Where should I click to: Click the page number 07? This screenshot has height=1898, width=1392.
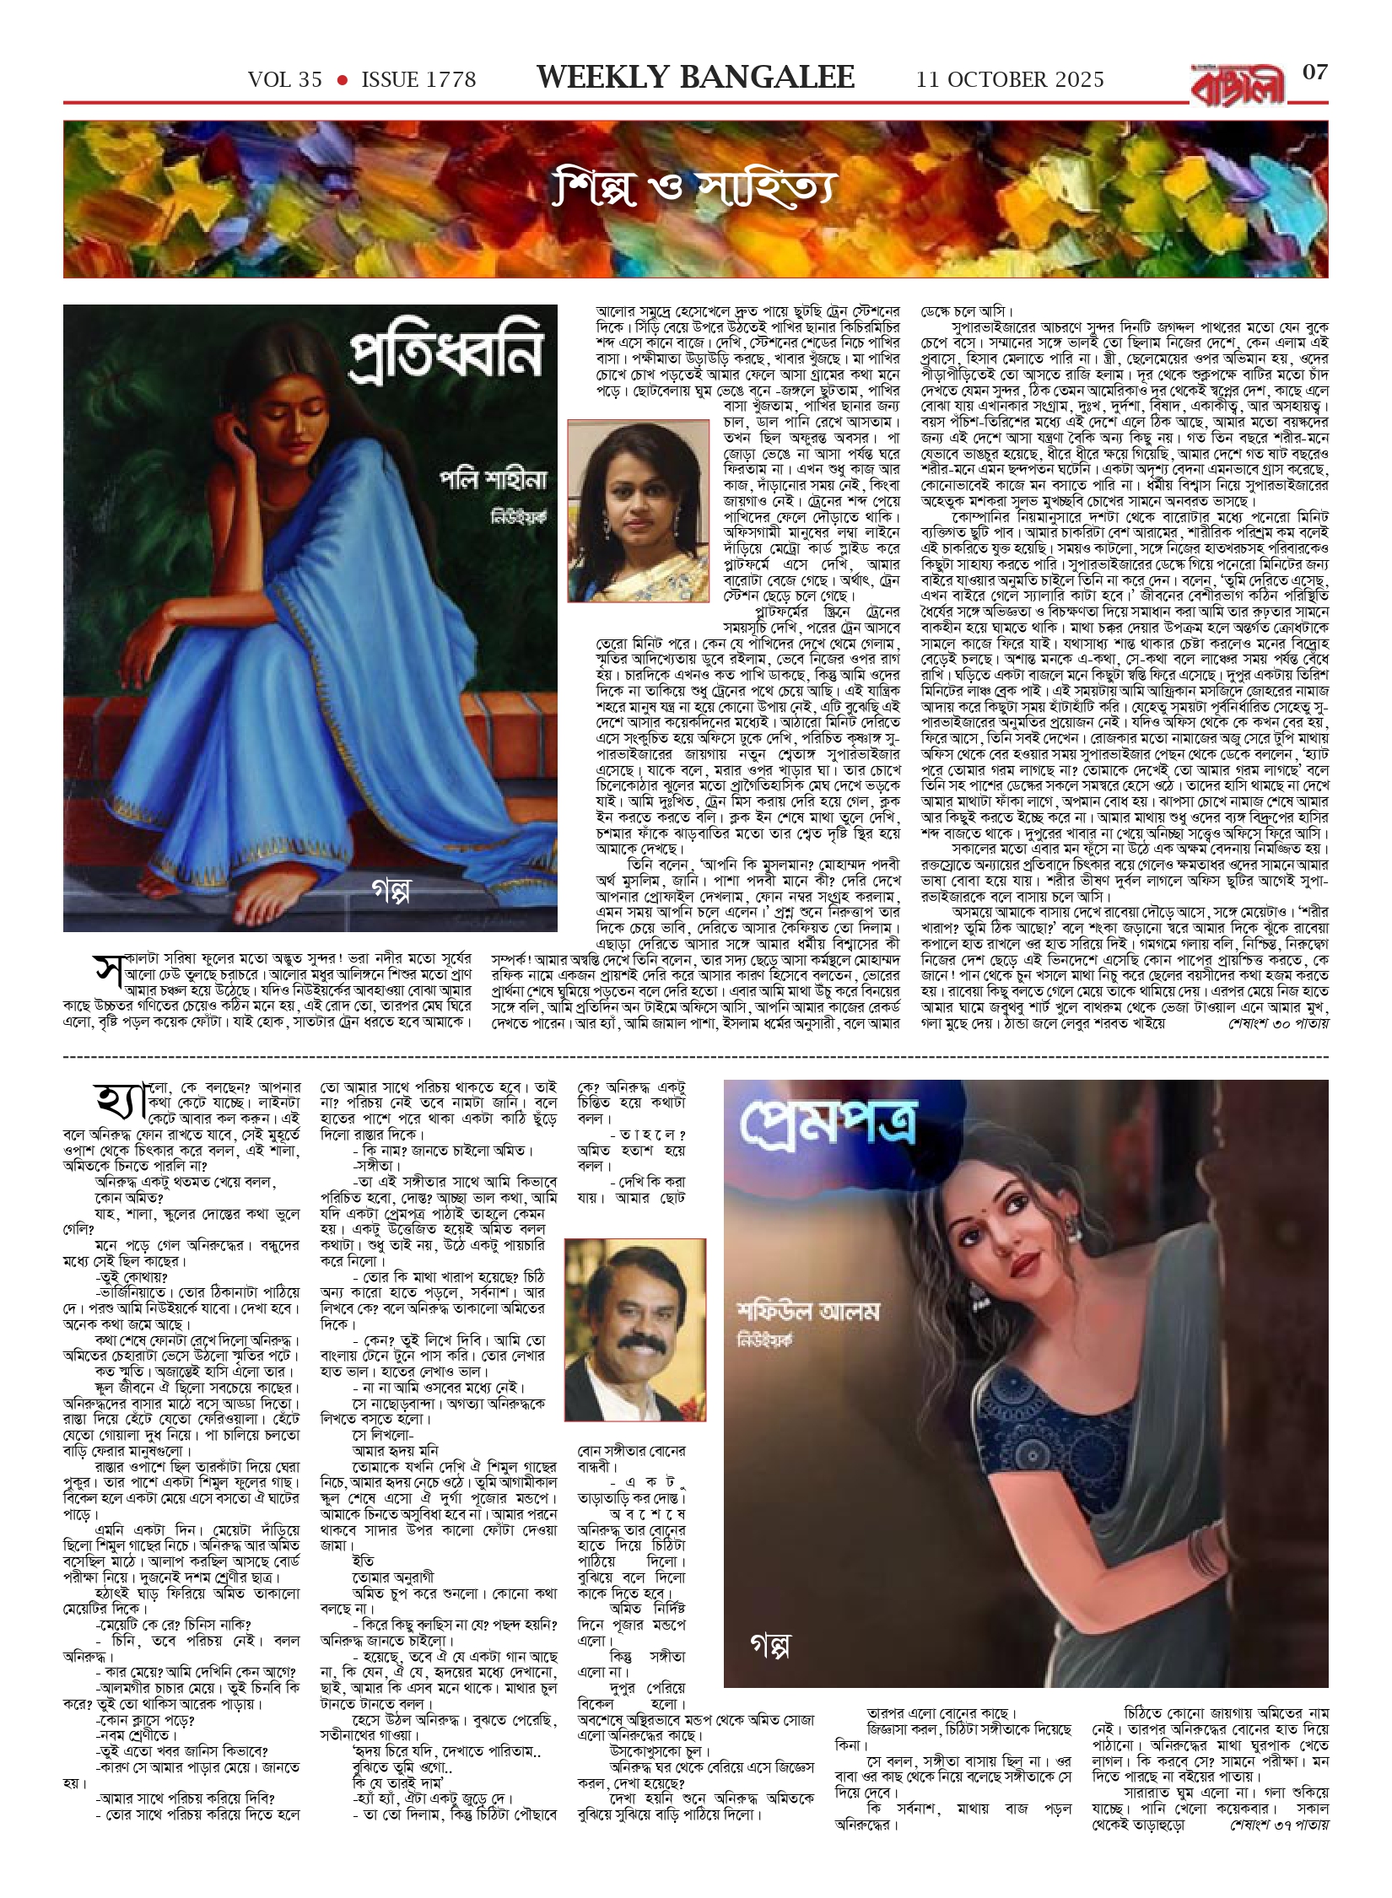(x=1314, y=73)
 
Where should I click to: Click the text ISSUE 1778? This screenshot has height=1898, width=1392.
(x=418, y=80)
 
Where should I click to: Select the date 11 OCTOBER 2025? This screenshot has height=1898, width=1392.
(x=1010, y=80)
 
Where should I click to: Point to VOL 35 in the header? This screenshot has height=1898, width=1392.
(x=285, y=80)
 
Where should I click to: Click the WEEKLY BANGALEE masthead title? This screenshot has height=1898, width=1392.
(x=695, y=78)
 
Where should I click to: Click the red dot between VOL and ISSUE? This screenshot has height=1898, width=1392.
(x=342, y=80)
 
